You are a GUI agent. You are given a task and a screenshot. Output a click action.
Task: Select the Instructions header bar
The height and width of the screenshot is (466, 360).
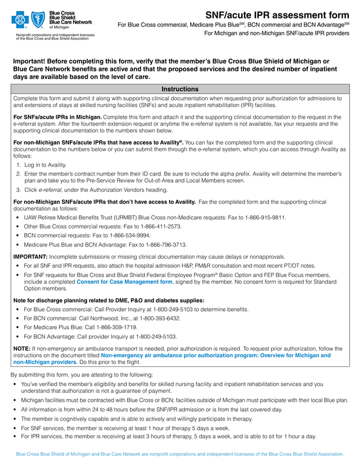pyautogui.click(x=180, y=89)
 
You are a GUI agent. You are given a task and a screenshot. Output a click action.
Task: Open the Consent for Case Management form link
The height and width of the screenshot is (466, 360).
pyautogui.click(x=124, y=281)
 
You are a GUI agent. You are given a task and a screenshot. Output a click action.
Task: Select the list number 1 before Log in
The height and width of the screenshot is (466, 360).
pyautogui.click(x=18, y=165)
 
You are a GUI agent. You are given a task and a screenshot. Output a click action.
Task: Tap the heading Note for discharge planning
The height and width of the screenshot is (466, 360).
pyautogui.click(x=109, y=300)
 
